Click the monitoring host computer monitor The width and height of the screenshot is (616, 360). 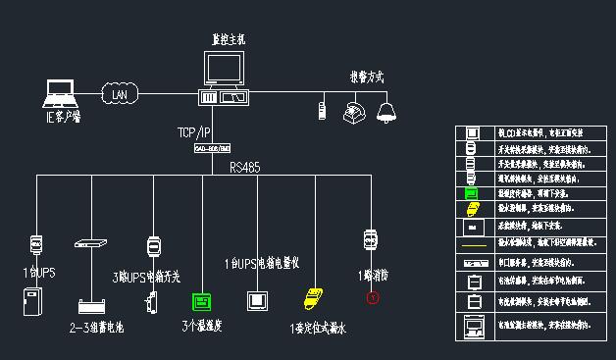(224, 70)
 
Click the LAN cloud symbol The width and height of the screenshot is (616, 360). (119, 95)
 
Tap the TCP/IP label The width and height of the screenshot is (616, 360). (193, 131)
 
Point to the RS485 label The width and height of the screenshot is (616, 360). (245, 168)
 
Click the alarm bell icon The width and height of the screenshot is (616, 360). (386, 111)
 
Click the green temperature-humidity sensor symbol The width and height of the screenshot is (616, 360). (202, 300)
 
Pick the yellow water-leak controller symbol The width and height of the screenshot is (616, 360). (315, 297)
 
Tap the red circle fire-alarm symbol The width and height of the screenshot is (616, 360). (372, 297)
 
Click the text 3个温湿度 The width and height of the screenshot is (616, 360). (202, 327)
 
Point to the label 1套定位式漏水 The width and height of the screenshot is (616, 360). (319, 329)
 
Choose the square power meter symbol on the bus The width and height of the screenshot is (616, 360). (258, 300)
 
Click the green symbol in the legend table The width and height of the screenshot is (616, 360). (472, 194)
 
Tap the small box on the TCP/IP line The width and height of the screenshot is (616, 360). (211, 148)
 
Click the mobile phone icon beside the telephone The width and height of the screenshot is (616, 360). (322, 109)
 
